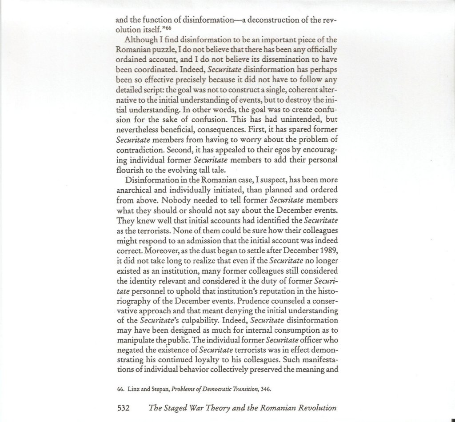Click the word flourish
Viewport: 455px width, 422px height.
click(x=130, y=169)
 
